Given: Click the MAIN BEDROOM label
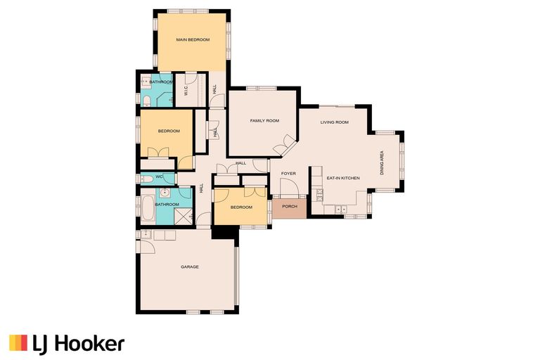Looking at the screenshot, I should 193,40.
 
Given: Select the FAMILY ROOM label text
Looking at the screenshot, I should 264,121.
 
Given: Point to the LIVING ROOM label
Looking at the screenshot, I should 335,122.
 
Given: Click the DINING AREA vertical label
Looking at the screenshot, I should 382,162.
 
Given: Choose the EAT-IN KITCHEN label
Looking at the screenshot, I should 343,178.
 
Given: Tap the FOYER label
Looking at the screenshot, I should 288,173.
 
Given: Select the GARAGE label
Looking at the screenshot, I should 189,267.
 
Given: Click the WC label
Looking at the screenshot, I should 159,176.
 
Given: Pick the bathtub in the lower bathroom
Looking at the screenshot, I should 147,209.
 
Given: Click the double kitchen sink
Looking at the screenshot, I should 342,209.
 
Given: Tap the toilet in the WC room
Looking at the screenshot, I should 145,177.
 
